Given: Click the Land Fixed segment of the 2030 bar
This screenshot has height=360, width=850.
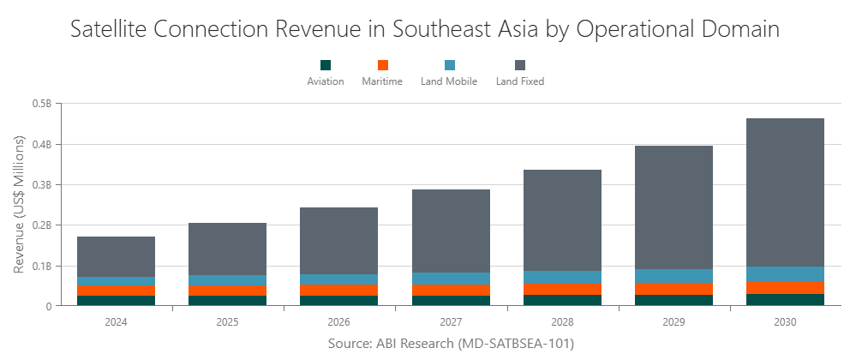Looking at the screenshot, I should coord(785,192).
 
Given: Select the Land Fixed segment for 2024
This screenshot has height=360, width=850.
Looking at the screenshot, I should coord(116,256).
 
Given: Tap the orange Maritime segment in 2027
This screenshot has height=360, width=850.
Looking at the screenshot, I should coord(451,290).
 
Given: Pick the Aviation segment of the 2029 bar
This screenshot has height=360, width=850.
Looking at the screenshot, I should coord(673,300).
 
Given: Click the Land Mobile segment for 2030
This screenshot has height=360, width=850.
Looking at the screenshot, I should coord(785,274).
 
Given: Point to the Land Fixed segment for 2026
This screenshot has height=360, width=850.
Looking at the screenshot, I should coord(338,241).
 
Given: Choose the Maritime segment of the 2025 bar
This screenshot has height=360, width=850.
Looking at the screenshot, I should coord(227,291).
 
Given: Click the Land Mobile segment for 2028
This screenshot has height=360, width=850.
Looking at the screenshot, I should coord(562,277).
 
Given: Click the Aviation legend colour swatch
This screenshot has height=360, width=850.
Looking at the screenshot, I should coord(326,65).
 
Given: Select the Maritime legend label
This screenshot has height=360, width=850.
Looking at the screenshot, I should coord(383,82).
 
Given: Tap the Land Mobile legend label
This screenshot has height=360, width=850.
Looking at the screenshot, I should coord(450,82).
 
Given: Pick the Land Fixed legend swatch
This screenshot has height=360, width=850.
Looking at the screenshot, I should coord(520,65).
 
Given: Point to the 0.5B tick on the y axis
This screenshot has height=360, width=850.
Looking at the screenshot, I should coord(41,104).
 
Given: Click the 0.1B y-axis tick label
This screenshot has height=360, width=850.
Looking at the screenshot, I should coord(41,266).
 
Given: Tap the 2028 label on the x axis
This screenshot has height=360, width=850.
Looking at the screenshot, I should coord(562,322).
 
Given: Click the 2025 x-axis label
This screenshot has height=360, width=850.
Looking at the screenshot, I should coord(227,322).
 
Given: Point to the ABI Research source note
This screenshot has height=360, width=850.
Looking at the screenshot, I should coord(451,344).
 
